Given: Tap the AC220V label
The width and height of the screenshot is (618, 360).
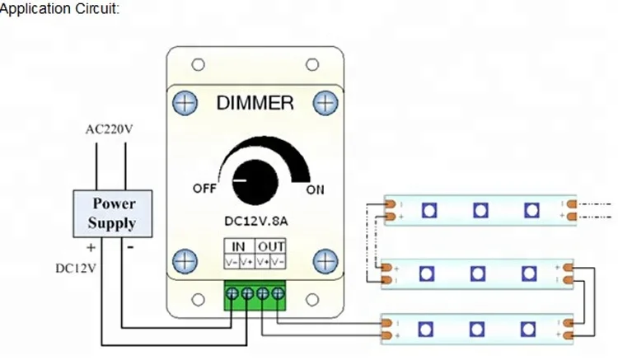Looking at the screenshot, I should click(x=110, y=129).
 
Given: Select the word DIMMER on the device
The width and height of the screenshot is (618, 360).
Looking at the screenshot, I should click(x=255, y=103).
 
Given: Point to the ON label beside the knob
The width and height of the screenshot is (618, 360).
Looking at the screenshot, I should click(x=315, y=189).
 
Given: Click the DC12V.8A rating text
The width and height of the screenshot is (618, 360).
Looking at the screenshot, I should click(x=256, y=221).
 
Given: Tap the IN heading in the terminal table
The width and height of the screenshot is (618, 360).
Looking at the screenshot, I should click(x=239, y=246).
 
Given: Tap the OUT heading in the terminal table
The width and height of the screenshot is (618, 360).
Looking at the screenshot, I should click(x=271, y=246).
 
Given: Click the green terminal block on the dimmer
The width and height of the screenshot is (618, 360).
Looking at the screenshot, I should click(x=255, y=294).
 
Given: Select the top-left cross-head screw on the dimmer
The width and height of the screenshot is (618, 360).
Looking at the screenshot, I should click(x=185, y=103).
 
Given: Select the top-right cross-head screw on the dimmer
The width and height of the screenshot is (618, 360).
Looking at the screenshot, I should click(x=326, y=103).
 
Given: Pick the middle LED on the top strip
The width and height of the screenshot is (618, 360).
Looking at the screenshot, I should click(x=480, y=210).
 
